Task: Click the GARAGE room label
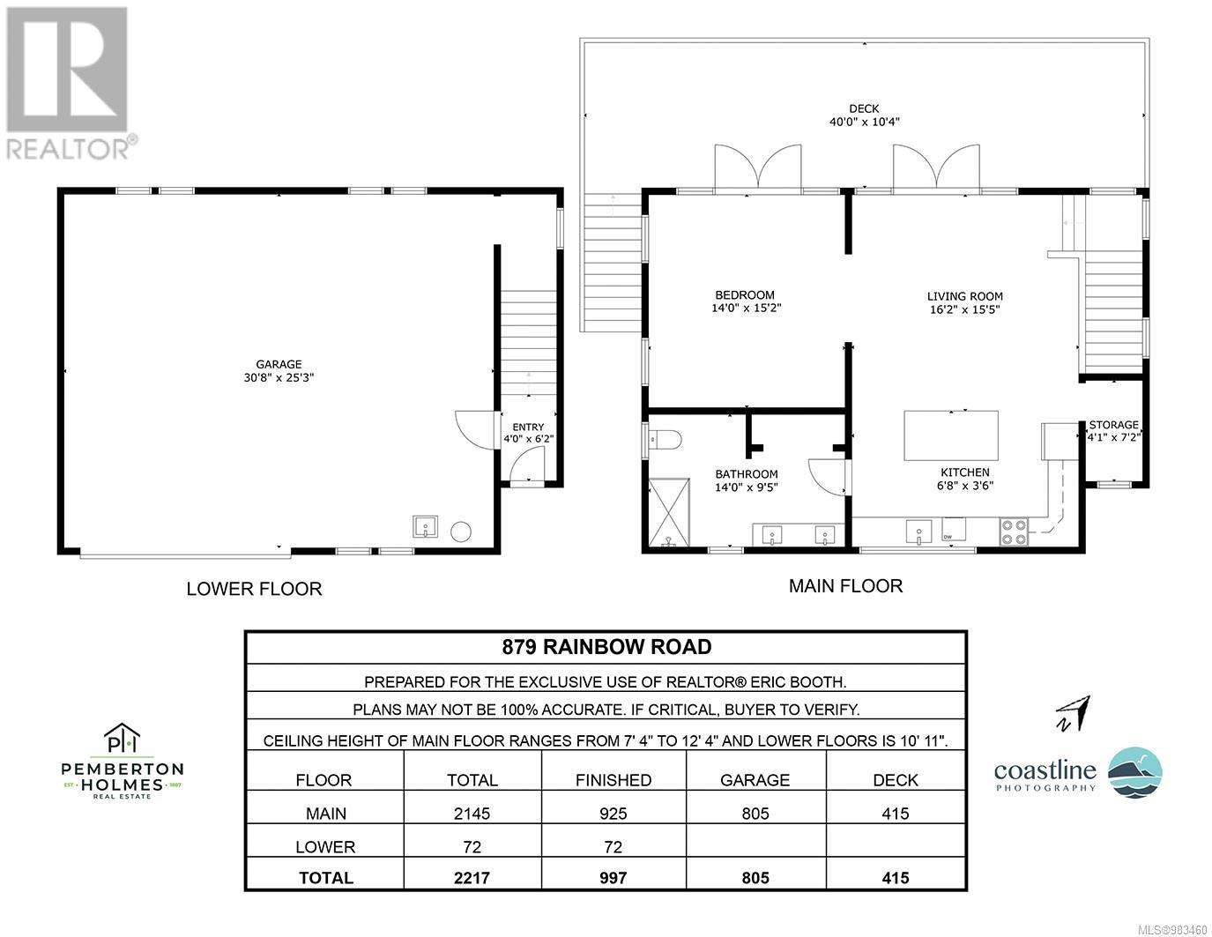(x=279, y=364)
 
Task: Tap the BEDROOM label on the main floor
(x=745, y=295)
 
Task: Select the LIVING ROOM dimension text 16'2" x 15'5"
(x=965, y=309)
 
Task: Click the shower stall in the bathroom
(x=669, y=512)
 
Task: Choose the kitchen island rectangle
(x=951, y=435)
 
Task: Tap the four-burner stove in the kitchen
(x=1014, y=531)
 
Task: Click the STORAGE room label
(x=1113, y=425)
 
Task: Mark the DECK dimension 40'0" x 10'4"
(x=864, y=122)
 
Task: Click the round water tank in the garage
(x=461, y=532)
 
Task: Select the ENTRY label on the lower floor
(x=528, y=427)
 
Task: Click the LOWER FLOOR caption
(x=255, y=589)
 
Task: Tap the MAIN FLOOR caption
(x=845, y=586)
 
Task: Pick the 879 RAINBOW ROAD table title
(x=606, y=647)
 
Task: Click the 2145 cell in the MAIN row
(x=472, y=814)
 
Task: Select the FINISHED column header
(x=613, y=780)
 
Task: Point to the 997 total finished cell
(x=613, y=878)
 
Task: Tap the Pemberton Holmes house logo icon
(x=123, y=738)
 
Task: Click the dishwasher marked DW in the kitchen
(x=954, y=529)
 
